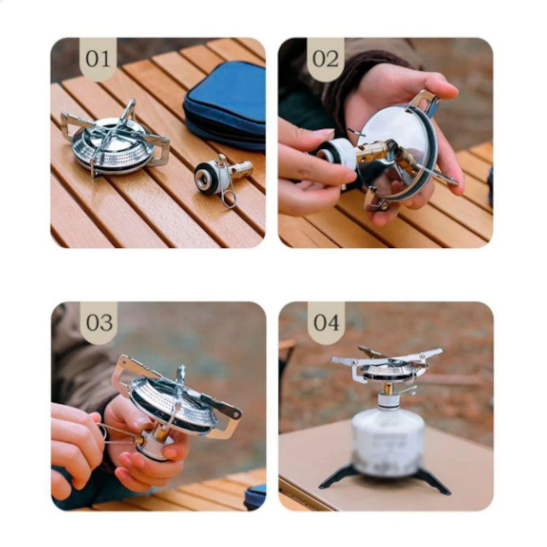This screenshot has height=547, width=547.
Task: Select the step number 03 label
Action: [99, 323]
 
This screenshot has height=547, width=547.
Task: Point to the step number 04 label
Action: [326, 323]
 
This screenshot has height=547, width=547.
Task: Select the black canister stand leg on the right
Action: [435, 481]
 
